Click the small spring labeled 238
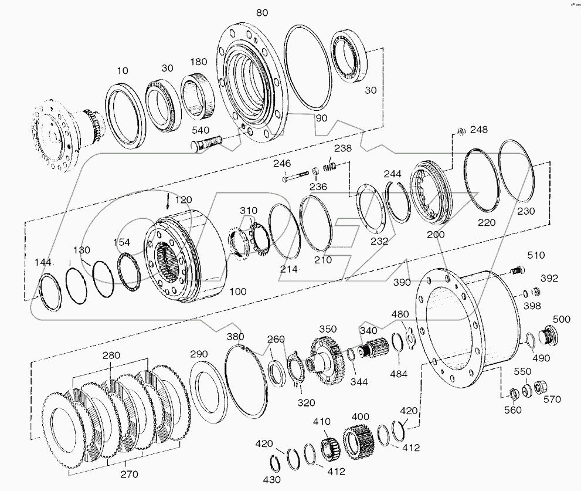point(331,167)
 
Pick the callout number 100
point(237,291)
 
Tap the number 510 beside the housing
point(536,255)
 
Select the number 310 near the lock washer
point(248,210)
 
